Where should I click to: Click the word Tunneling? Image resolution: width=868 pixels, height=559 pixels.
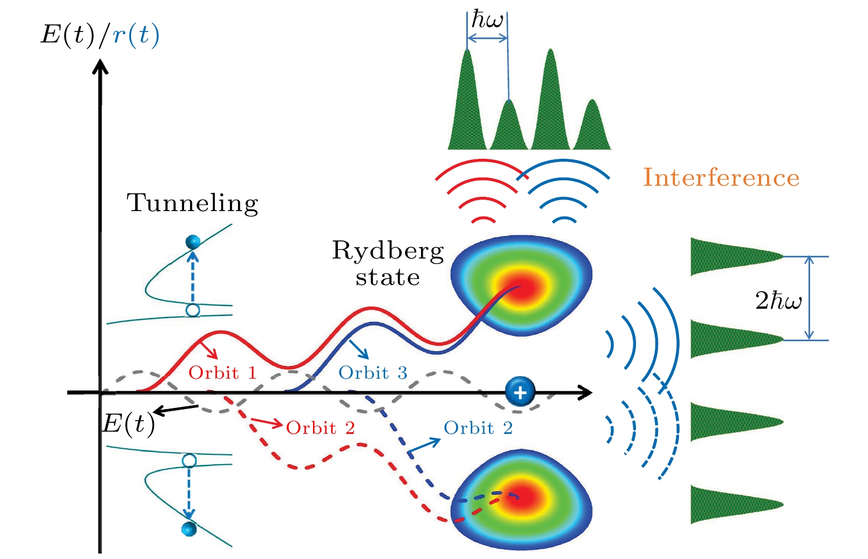click(192, 203)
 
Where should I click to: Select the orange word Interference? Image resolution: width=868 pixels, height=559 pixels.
click(721, 178)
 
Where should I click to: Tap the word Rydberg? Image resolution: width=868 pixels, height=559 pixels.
click(388, 252)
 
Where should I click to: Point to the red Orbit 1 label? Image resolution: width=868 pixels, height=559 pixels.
click(223, 373)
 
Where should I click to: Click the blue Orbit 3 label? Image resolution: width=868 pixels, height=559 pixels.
click(373, 373)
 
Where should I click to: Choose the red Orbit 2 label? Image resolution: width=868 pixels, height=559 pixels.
click(320, 428)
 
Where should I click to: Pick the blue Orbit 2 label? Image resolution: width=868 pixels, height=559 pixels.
click(478, 428)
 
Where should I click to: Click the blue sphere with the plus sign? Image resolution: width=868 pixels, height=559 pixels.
click(520, 392)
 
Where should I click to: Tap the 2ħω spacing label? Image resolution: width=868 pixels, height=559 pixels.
click(778, 300)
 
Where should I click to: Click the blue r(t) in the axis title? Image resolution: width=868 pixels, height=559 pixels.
click(136, 35)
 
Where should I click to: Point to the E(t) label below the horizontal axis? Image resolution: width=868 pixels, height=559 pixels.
click(128, 424)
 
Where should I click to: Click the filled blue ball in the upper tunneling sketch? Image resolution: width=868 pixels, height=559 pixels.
click(193, 242)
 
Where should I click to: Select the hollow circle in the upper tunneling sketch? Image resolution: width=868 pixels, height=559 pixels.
click(193, 310)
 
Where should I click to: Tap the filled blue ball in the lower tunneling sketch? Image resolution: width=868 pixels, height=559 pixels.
click(189, 529)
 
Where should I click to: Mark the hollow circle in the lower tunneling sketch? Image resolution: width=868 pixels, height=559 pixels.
click(189, 460)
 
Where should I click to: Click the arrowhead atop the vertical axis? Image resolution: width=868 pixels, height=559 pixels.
click(100, 66)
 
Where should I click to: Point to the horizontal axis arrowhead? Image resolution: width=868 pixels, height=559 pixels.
click(584, 393)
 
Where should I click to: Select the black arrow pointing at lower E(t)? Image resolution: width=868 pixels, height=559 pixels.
click(176, 410)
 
